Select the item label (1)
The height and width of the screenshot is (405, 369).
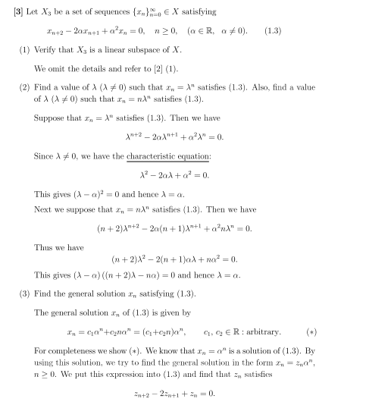pos(25,52)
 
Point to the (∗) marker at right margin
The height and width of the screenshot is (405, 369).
pos(311,331)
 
